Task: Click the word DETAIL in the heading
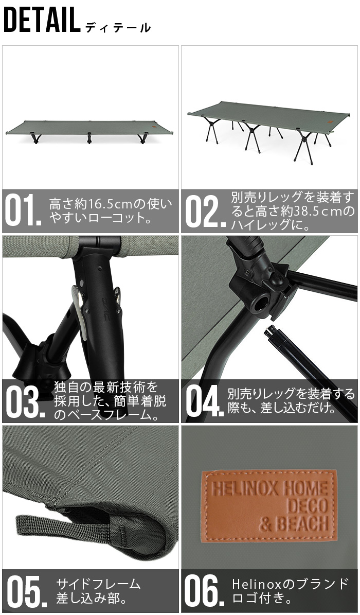coord(41,21)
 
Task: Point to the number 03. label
coord(23,400)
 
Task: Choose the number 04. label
coord(205,401)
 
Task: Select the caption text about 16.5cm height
coord(111,211)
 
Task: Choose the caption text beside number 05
coord(98,591)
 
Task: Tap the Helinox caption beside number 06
coord(290,591)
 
